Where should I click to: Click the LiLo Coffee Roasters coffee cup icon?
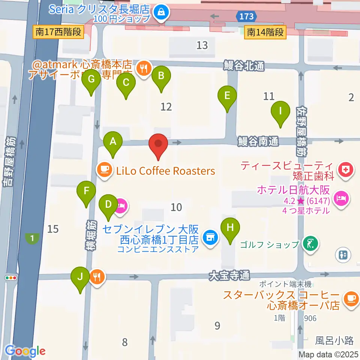tap(104, 170)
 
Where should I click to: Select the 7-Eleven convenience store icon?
tap(209, 237)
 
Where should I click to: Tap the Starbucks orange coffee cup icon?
tap(351, 298)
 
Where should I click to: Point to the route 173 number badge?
tap(247, 16)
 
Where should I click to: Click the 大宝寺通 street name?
tap(229, 276)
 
